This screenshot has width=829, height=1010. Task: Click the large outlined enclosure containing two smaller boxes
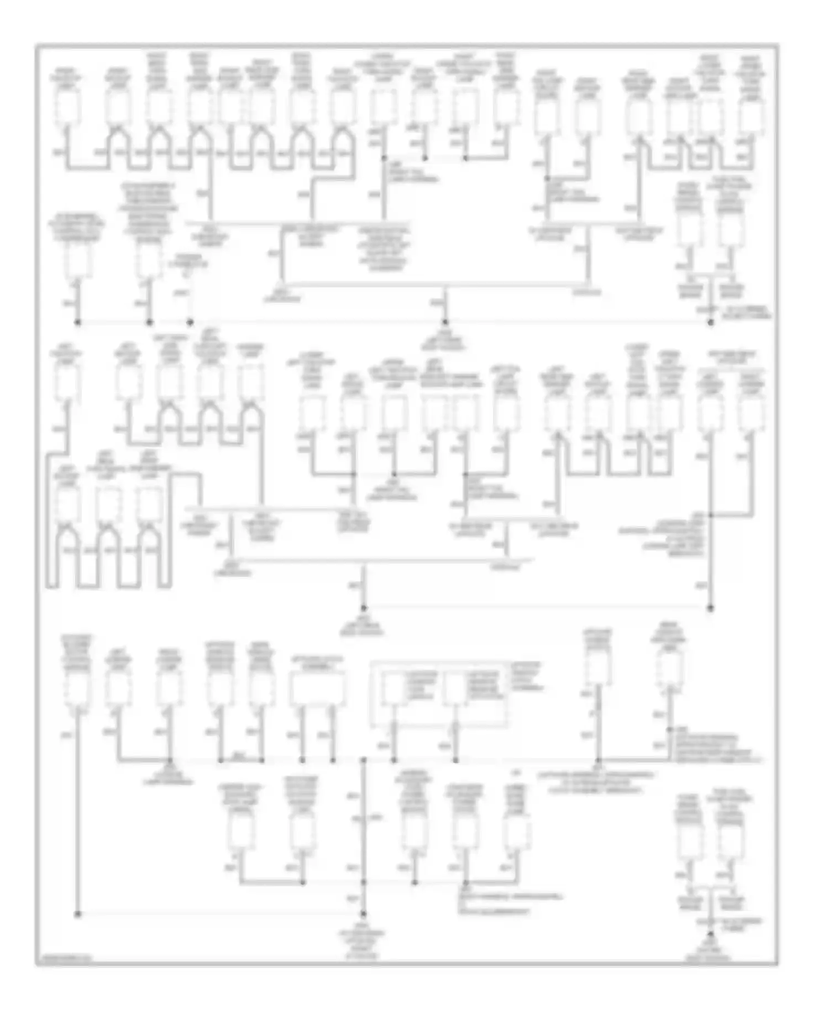pos(438,693)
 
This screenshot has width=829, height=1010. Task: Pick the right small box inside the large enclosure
pos(455,690)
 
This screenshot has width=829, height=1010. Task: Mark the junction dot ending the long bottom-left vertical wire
pos(78,914)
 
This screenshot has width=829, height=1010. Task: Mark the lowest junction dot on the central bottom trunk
pos(364,914)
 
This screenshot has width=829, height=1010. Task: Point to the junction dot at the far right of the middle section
pos(710,608)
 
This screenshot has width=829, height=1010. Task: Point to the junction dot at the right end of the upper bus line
pos(710,322)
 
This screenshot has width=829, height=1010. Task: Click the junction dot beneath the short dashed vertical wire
pos(190,322)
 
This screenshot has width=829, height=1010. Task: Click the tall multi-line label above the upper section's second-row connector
pos(148,213)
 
